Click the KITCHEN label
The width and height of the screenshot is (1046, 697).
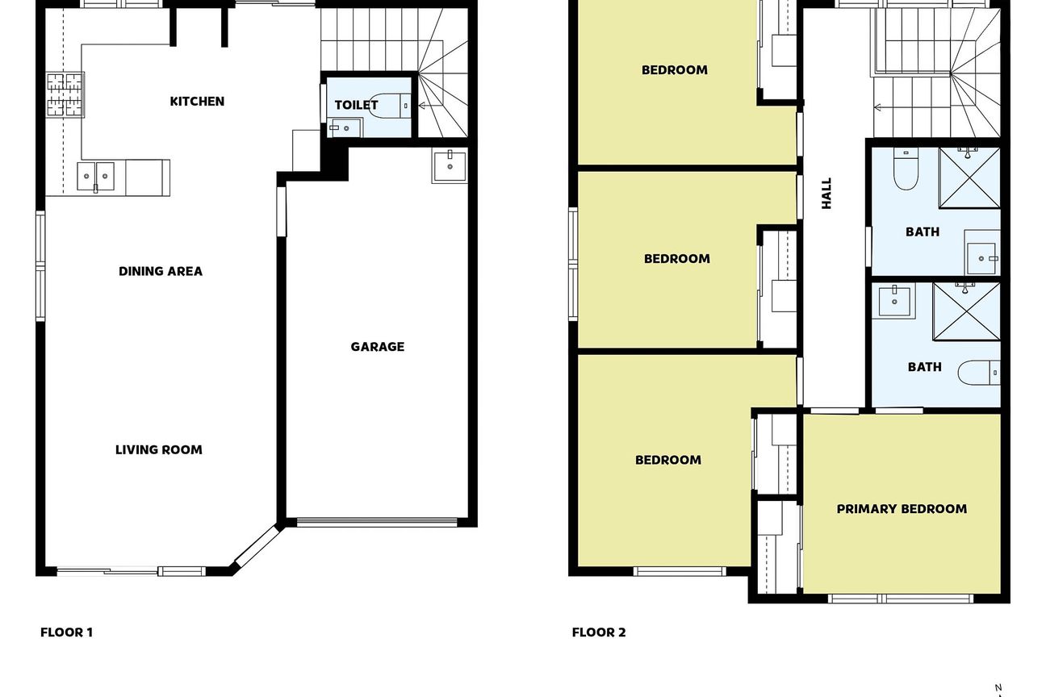tap(197, 102)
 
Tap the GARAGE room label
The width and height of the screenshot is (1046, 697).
tap(377, 346)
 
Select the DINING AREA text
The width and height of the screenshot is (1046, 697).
tap(161, 271)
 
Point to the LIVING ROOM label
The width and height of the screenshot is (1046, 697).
tap(159, 449)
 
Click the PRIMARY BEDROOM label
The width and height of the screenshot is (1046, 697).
tap(902, 509)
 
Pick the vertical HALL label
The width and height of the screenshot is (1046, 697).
tap(826, 194)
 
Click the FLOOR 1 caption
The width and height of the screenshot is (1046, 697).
tap(67, 632)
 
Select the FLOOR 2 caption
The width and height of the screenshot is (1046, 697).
tap(599, 632)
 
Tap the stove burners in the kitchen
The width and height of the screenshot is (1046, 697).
tap(65, 94)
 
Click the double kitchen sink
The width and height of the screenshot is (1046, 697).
tap(96, 177)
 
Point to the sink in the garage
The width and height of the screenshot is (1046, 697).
tap(450, 166)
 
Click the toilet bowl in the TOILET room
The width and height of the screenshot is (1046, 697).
tap(388, 106)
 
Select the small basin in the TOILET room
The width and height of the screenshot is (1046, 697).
tap(345, 128)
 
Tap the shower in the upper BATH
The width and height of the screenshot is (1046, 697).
tap(969, 177)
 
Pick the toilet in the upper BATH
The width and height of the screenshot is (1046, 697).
tap(906, 169)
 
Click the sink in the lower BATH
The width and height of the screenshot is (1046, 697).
tap(894, 302)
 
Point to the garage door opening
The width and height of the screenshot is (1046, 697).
tap(377, 523)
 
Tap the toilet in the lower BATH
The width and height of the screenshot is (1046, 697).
tap(979, 373)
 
